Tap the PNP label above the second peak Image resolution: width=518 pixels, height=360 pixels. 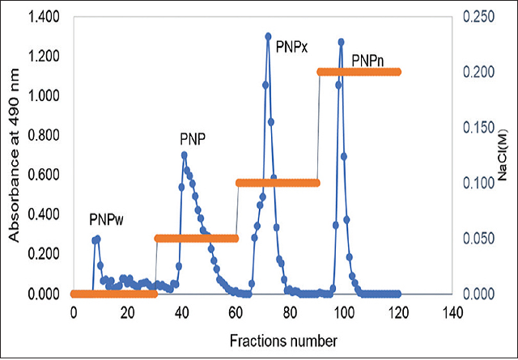[193, 138]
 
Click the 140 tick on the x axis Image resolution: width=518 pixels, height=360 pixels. [452, 313]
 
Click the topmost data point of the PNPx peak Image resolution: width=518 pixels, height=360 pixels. [268, 36]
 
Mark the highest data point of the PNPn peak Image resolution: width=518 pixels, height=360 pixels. [341, 42]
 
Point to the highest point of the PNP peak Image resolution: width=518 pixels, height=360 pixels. [185, 155]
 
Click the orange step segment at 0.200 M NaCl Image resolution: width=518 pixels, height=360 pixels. [359, 72]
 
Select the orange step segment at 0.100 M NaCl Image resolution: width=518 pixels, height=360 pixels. [278, 183]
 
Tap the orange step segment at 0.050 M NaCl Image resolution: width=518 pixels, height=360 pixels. [196, 238]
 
